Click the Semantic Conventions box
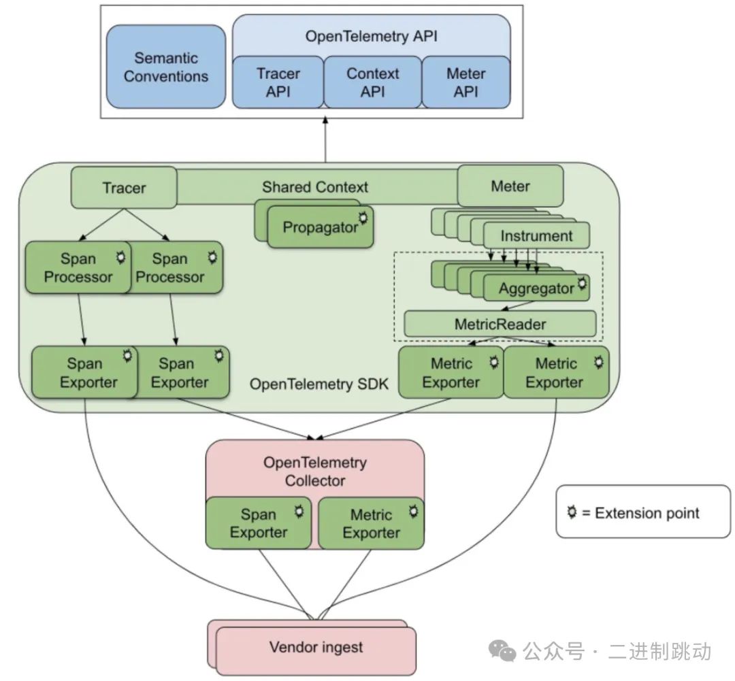click(165, 67)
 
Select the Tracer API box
click(278, 82)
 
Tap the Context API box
click(372, 82)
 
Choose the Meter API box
click(465, 82)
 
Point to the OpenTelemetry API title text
click(371, 36)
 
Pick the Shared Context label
click(315, 186)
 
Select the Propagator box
click(320, 227)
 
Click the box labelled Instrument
click(536, 236)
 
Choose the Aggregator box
click(536, 288)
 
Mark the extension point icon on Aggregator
click(582, 282)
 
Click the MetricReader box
click(500, 324)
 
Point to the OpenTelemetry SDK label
click(318, 384)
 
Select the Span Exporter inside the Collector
click(258, 523)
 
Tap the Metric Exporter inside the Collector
click(371, 523)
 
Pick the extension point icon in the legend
click(572, 512)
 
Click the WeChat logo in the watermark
click(505, 652)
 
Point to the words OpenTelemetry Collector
click(314, 471)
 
